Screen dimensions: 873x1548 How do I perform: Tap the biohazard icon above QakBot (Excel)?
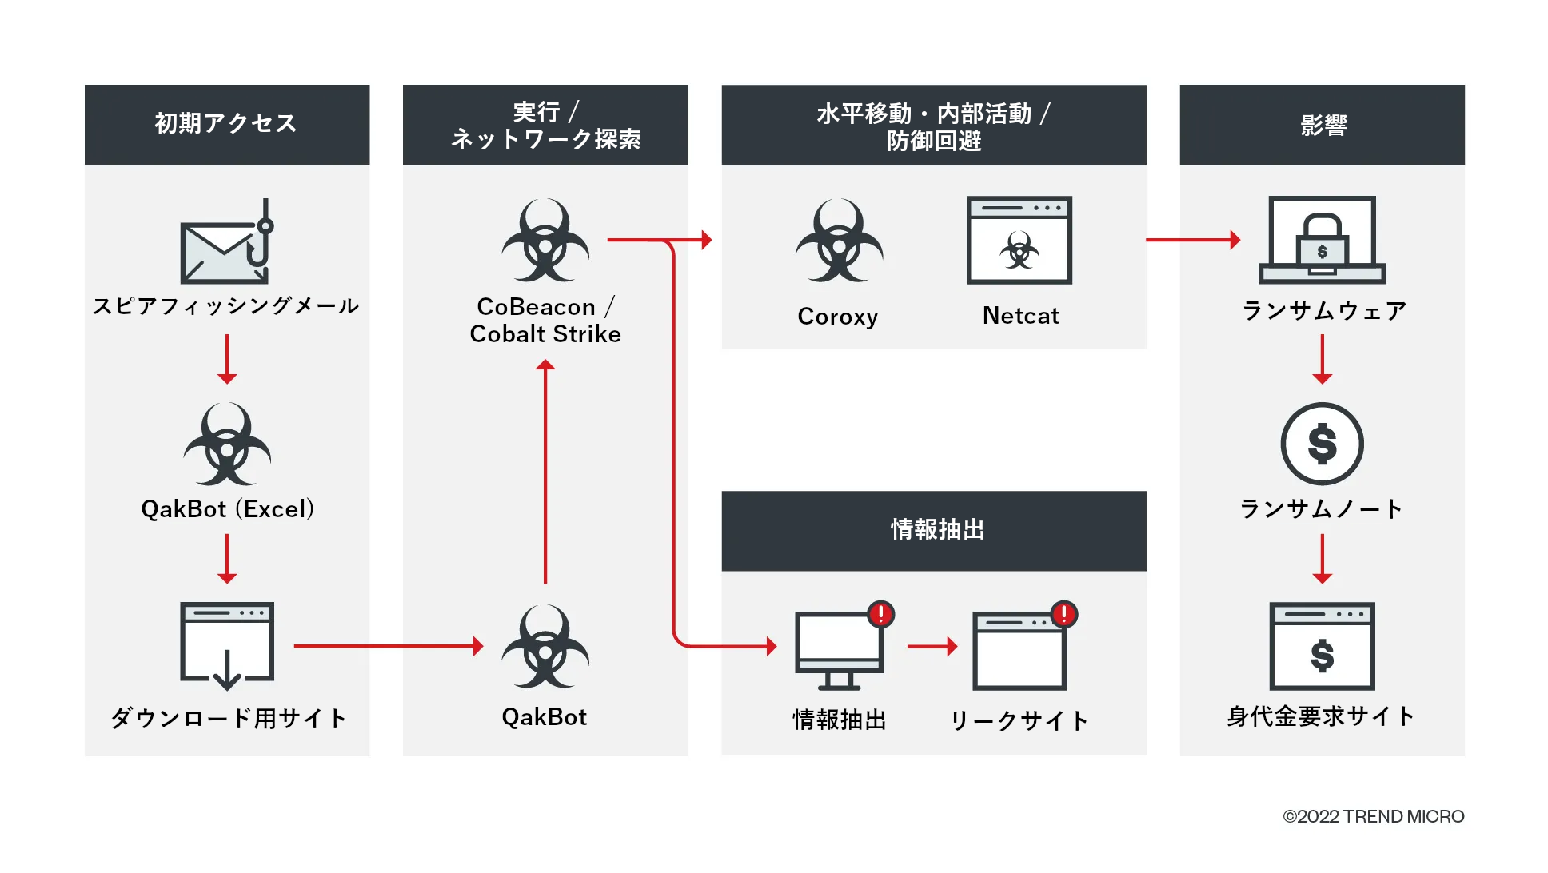click(227, 444)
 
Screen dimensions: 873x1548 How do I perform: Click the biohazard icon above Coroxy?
click(839, 241)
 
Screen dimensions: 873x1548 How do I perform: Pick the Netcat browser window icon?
click(1019, 241)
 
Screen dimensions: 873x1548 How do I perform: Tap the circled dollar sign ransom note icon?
click(1322, 444)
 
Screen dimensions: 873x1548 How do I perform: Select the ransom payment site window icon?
click(1322, 646)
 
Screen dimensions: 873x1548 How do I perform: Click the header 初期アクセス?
click(227, 124)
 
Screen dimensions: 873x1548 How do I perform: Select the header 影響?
click(1322, 125)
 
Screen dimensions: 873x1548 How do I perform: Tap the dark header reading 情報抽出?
click(934, 530)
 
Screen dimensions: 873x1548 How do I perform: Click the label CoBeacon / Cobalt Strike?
click(545, 320)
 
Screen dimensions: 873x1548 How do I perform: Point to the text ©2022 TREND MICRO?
click(1373, 816)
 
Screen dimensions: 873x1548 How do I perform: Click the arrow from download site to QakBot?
click(389, 646)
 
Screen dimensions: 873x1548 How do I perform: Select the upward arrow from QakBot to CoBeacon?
click(545, 472)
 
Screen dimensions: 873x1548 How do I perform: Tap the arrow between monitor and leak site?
click(932, 646)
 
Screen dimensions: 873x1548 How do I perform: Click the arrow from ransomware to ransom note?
click(1323, 359)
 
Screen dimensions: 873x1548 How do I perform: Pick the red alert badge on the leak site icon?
click(1064, 614)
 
